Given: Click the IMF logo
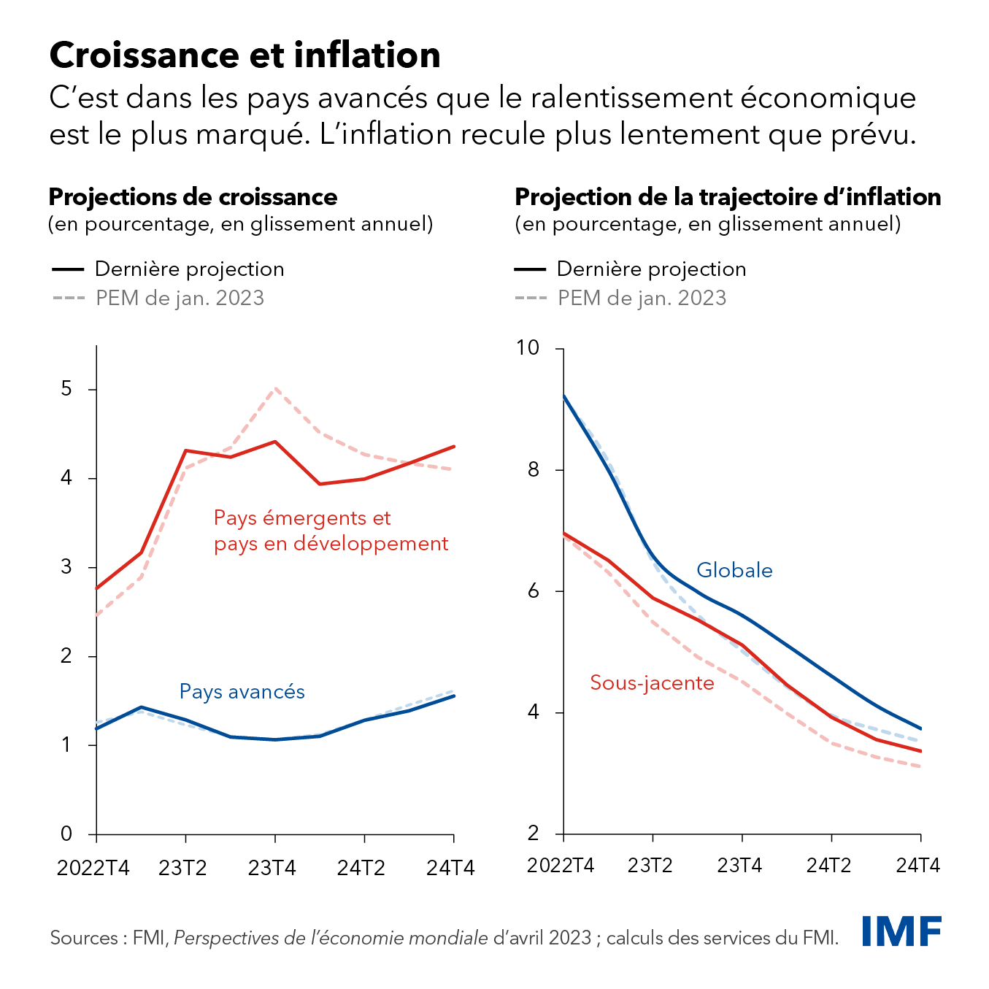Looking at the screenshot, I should pos(901,931).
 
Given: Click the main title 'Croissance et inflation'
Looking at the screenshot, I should pos(245,55).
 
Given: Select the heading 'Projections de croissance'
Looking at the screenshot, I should pos(193,197).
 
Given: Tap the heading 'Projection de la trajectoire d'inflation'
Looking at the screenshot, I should pos(728,197).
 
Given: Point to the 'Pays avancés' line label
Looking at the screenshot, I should pos(242,692).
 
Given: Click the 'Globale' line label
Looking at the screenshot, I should pos(734,571).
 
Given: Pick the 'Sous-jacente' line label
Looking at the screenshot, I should pos(652,683).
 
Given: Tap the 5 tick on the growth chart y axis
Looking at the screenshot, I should pos(67,389).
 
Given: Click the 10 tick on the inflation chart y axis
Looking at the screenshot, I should pos(527,348).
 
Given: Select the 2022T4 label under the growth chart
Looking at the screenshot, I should pos(93,868).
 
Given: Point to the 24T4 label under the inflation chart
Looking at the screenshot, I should pos(917,866).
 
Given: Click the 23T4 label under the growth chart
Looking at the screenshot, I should pos(272,868).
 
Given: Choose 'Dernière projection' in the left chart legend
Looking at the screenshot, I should pos(189,269).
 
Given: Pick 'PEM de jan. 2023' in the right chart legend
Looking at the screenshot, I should pos(642,299).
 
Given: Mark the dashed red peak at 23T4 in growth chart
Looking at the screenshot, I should pos(274,389).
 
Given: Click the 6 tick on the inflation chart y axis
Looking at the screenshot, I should pos(533,591).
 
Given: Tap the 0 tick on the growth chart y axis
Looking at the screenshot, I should pos(67,834).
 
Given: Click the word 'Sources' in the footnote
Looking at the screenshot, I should pos(83,938).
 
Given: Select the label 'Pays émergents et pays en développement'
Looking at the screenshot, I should pos(331,531).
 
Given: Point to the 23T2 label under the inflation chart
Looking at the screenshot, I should pos(650,866).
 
